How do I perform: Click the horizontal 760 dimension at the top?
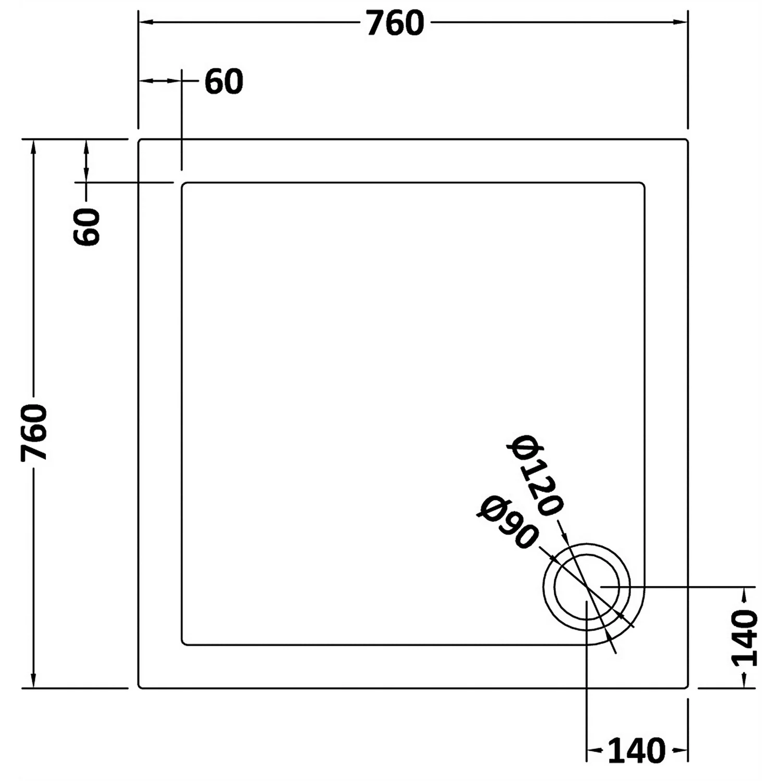395,23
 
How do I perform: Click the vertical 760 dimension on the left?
34,432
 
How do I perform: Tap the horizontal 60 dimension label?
224,82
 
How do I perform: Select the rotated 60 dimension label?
87,226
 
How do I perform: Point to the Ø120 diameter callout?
535,475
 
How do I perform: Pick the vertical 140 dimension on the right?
745,639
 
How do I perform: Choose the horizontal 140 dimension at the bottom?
636,751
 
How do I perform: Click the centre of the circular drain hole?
587,587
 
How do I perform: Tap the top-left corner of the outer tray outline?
139,140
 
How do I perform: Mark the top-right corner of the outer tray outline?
687,140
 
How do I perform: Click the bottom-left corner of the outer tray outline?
139,687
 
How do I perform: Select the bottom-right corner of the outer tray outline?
687,687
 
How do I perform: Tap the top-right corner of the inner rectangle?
644,184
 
